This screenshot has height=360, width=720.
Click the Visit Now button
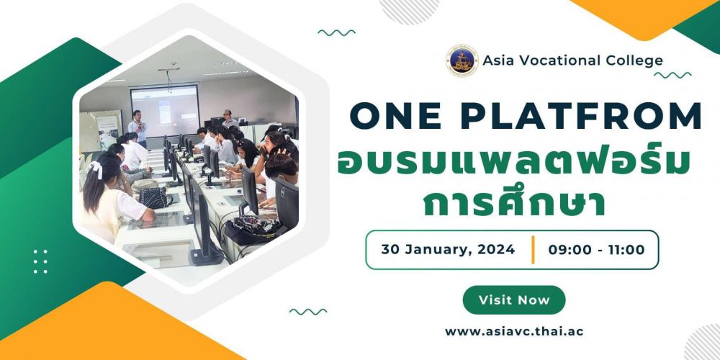(514, 300)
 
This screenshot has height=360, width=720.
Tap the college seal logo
(462, 60)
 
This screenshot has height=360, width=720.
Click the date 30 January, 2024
(448, 250)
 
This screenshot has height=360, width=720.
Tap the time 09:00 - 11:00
(596, 250)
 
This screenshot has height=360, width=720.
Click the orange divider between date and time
(533, 250)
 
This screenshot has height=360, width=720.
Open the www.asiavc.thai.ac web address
(514, 331)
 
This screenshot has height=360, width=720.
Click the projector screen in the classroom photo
(165, 110)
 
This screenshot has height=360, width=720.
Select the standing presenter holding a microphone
(138, 127)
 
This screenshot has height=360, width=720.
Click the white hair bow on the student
(96, 170)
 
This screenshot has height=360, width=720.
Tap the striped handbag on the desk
(153, 197)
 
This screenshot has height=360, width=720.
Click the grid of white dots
(40, 261)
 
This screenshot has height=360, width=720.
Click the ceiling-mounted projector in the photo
(169, 73)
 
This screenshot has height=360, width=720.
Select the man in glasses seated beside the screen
(229, 119)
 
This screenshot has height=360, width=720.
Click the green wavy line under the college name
(672, 75)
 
